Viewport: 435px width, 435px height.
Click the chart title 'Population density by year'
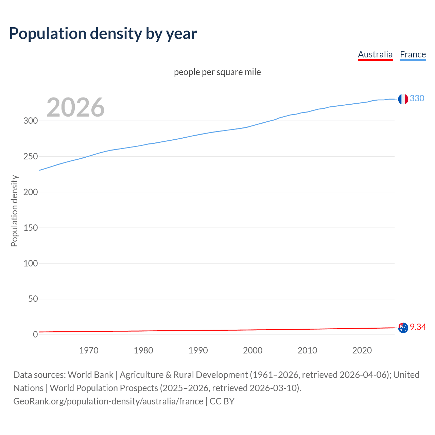coord(103,34)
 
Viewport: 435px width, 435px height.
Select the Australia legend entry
coord(375,54)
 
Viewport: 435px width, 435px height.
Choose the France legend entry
coord(413,54)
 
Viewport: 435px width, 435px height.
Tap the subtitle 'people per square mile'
coord(217,72)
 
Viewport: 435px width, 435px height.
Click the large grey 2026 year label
coord(75,107)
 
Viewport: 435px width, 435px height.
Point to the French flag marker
coord(403,99)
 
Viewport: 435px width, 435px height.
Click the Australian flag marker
coord(403,328)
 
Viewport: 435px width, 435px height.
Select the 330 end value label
coord(417,98)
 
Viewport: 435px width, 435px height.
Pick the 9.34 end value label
coord(418,327)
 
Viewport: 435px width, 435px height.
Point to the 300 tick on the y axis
coord(31,121)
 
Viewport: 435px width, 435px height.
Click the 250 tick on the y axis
coord(31,156)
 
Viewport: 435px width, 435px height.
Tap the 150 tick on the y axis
coord(31,228)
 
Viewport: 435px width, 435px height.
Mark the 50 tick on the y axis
coord(33,299)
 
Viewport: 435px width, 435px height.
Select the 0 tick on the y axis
coord(35,335)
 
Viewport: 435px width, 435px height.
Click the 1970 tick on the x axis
coord(89,350)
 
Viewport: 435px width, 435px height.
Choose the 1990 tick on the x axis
coord(198,350)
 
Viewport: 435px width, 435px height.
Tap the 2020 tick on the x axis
coord(362,350)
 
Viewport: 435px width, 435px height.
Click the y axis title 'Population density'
coord(14,211)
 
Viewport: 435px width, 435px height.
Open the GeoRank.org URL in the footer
coord(108,401)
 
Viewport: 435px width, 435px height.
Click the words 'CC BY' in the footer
coord(222,401)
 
